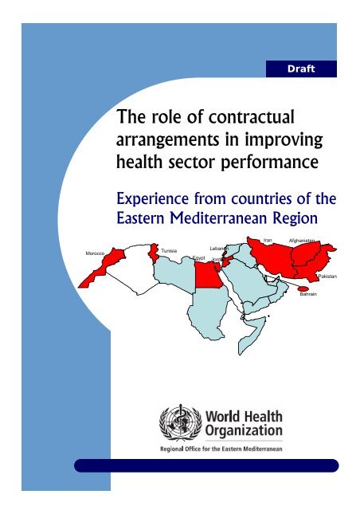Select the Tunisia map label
168,250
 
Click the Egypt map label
199,258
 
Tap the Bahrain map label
308,294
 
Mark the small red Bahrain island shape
303,288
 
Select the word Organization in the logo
242,432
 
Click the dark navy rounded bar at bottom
206,465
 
